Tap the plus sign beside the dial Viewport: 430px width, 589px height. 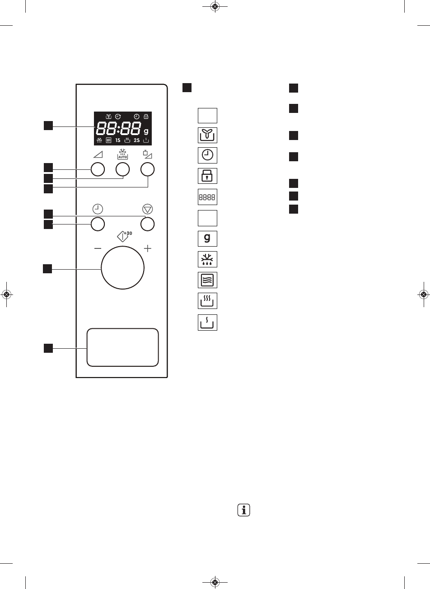[x=147, y=249]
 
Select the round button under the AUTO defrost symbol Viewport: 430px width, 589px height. [x=122, y=169]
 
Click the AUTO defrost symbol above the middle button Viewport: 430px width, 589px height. [x=122, y=154]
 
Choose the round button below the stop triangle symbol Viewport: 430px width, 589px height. [x=148, y=224]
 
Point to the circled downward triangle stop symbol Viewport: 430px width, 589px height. [x=148, y=209]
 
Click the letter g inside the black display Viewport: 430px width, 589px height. [x=146, y=131]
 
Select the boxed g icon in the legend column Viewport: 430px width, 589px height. [x=207, y=238]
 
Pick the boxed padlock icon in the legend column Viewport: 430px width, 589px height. [x=207, y=175]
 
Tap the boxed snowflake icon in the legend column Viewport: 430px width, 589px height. [x=207, y=259]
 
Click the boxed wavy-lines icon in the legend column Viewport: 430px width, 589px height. [x=207, y=280]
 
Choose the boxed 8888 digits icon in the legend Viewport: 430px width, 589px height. [x=207, y=197]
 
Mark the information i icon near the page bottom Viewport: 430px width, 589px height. [x=244, y=510]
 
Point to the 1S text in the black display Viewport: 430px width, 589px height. [x=117, y=140]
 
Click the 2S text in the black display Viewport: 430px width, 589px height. [x=136, y=140]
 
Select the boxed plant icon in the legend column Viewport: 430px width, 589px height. [x=207, y=135]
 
